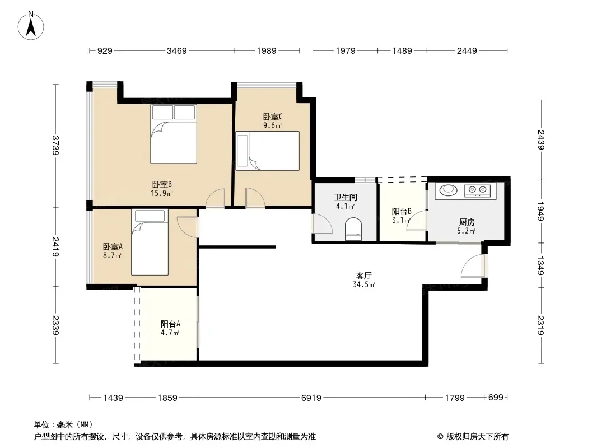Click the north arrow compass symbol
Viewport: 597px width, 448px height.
coord(31,26)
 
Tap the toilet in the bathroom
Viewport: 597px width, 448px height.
coord(353,229)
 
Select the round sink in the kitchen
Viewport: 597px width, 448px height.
coord(448,190)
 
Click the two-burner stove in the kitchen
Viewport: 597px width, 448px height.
coord(478,190)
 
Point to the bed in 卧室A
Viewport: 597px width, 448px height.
coord(150,242)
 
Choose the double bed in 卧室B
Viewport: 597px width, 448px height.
coord(174,134)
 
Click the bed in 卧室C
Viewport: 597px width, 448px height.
coord(267,151)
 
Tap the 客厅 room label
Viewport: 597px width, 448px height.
coord(363,276)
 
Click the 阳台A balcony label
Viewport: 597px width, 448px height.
coord(170,324)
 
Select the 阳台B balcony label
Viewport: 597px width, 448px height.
coord(402,212)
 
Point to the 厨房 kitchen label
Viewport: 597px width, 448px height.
coord(467,222)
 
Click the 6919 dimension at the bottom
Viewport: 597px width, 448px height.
coord(311,398)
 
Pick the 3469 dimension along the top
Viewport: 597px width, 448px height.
coord(176,50)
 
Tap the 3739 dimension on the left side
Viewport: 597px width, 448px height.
coord(55,146)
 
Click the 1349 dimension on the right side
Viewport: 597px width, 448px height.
coord(540,265)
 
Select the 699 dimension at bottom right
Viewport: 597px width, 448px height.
coord(495,398)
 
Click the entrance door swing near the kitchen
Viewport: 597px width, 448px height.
coord(473,265)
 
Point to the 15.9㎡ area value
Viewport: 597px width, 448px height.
coord(162,193)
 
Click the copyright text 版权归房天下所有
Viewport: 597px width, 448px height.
coord(477,437)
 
